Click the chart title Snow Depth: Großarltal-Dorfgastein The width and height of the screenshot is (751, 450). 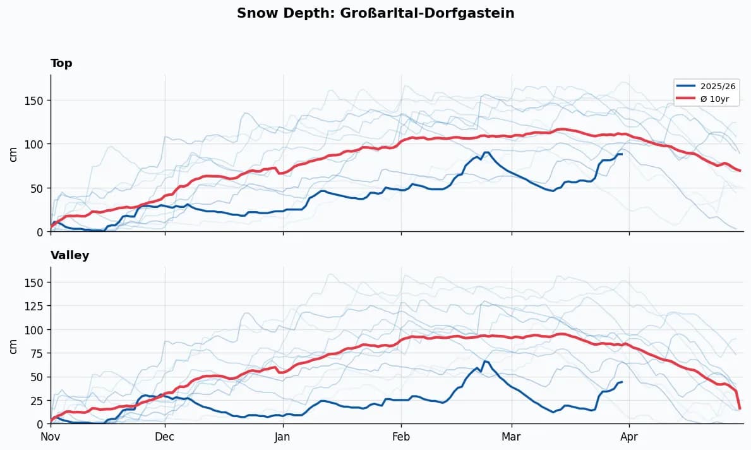(375, 13)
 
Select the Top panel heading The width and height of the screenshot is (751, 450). (61, 63)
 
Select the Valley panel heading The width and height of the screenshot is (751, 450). (69, 255)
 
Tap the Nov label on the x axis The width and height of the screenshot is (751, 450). (51, 436)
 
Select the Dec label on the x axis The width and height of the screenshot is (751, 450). (165, 436)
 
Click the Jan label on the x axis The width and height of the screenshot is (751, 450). (282, 436)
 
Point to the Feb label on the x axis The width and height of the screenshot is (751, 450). (401, 436)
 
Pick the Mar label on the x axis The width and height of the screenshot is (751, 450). (512, 436)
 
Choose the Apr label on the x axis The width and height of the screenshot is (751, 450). (629, 436)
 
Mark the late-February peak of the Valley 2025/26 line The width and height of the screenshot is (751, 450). (485, 362)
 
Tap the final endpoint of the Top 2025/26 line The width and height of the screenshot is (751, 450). (622, 154)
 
